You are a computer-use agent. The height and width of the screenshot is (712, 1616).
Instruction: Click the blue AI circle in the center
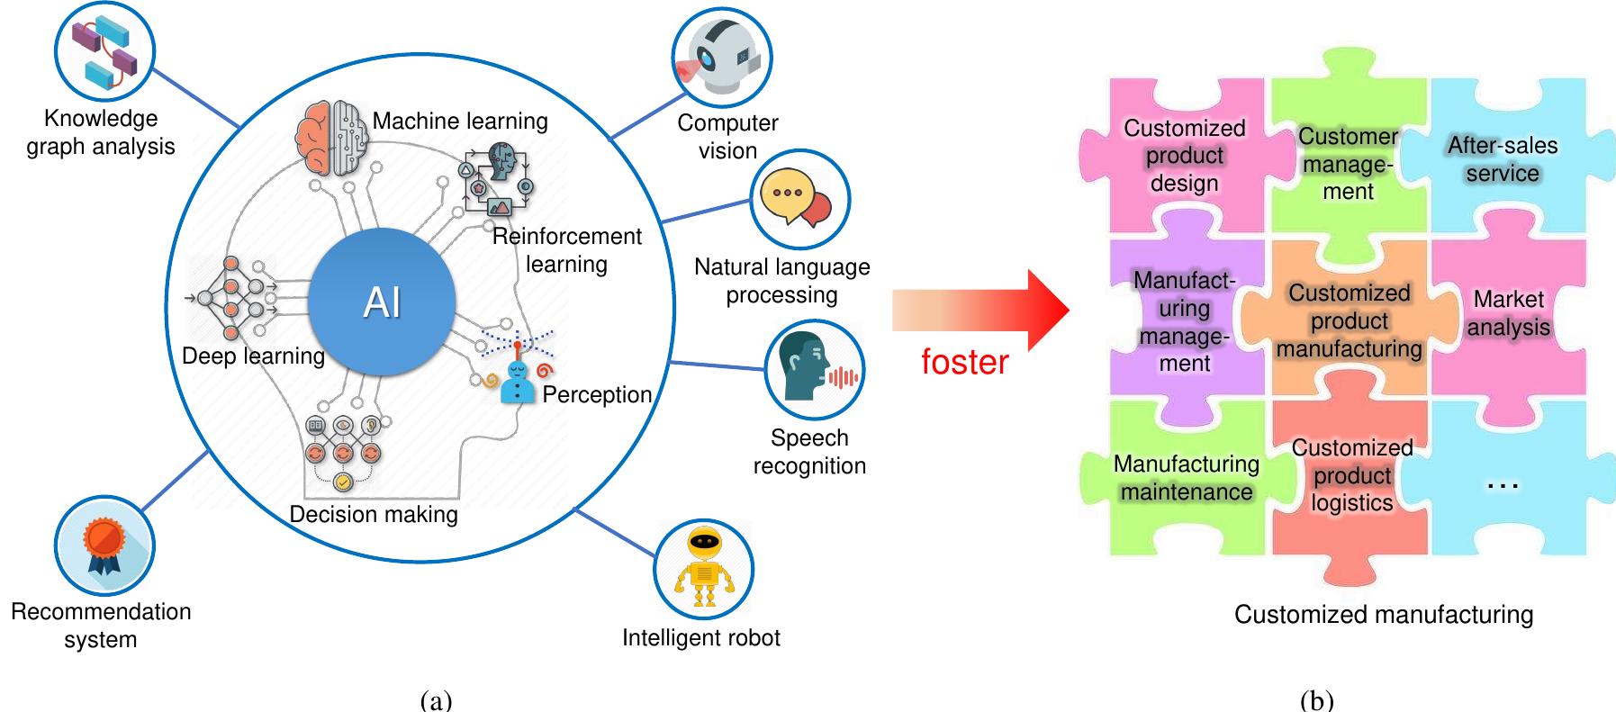point(382,302)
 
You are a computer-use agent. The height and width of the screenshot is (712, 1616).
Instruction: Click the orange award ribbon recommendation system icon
point(104,545)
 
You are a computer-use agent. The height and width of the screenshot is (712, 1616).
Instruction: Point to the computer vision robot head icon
point(722,56)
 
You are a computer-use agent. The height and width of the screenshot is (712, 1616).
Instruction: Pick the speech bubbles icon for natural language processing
point(799,199)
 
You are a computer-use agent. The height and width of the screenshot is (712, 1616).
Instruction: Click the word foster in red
point(964,362)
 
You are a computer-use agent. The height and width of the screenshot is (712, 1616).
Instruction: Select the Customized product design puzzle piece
point(1184,156)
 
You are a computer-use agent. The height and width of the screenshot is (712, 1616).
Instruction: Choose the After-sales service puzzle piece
point(1502,158)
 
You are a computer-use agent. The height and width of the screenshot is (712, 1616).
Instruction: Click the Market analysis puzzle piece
point(1508,313)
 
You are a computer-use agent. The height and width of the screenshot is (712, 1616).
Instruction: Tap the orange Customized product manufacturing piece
point(1349,321)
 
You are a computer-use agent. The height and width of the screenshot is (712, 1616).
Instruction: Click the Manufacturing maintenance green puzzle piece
point(1186,478)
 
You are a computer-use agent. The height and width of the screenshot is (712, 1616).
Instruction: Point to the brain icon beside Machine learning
point(331,138)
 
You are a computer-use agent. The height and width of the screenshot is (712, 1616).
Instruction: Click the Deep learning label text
point(253,356)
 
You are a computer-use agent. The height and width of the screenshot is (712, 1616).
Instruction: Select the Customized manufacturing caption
point(1383,615)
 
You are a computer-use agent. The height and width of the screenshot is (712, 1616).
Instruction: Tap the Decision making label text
point(373,514)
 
